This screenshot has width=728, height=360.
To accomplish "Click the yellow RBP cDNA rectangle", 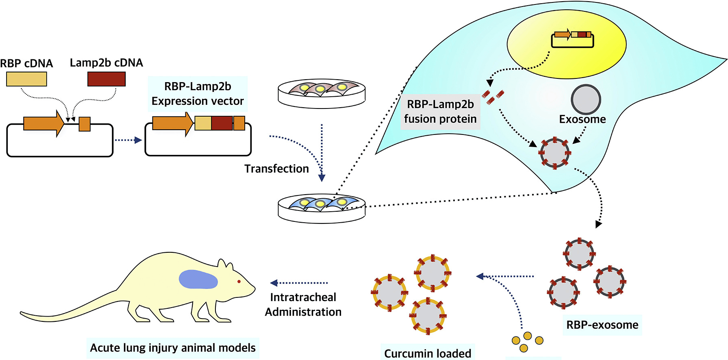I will [x=26, y=79].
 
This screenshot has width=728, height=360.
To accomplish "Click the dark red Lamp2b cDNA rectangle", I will [x=106, y=79].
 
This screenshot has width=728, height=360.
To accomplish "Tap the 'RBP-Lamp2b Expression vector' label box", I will [x=198, y=94].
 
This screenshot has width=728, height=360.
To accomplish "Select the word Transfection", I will [x=277, y=169].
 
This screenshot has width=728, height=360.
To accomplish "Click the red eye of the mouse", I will [x=239, y=281].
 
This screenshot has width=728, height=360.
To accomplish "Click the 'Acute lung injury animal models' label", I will [x=173, y=348].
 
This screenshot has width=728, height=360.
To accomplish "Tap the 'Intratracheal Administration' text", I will [x=303, y=305].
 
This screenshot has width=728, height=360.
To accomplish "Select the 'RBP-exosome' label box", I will [x=602, y=325].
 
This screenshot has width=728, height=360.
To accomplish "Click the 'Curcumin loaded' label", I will [x=428, y=353].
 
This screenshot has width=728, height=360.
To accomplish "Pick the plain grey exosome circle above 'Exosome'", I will [x=586, y=100].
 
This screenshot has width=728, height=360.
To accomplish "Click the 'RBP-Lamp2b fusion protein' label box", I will [x=440, y=111].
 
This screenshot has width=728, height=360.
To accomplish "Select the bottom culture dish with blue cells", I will [x=322, y=207].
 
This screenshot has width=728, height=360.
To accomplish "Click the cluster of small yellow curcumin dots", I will [x=527, y=342].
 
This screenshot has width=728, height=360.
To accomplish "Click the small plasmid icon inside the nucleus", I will [x=572, y=39].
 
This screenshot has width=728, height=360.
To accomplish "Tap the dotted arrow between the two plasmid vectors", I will [x=128, y=140].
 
